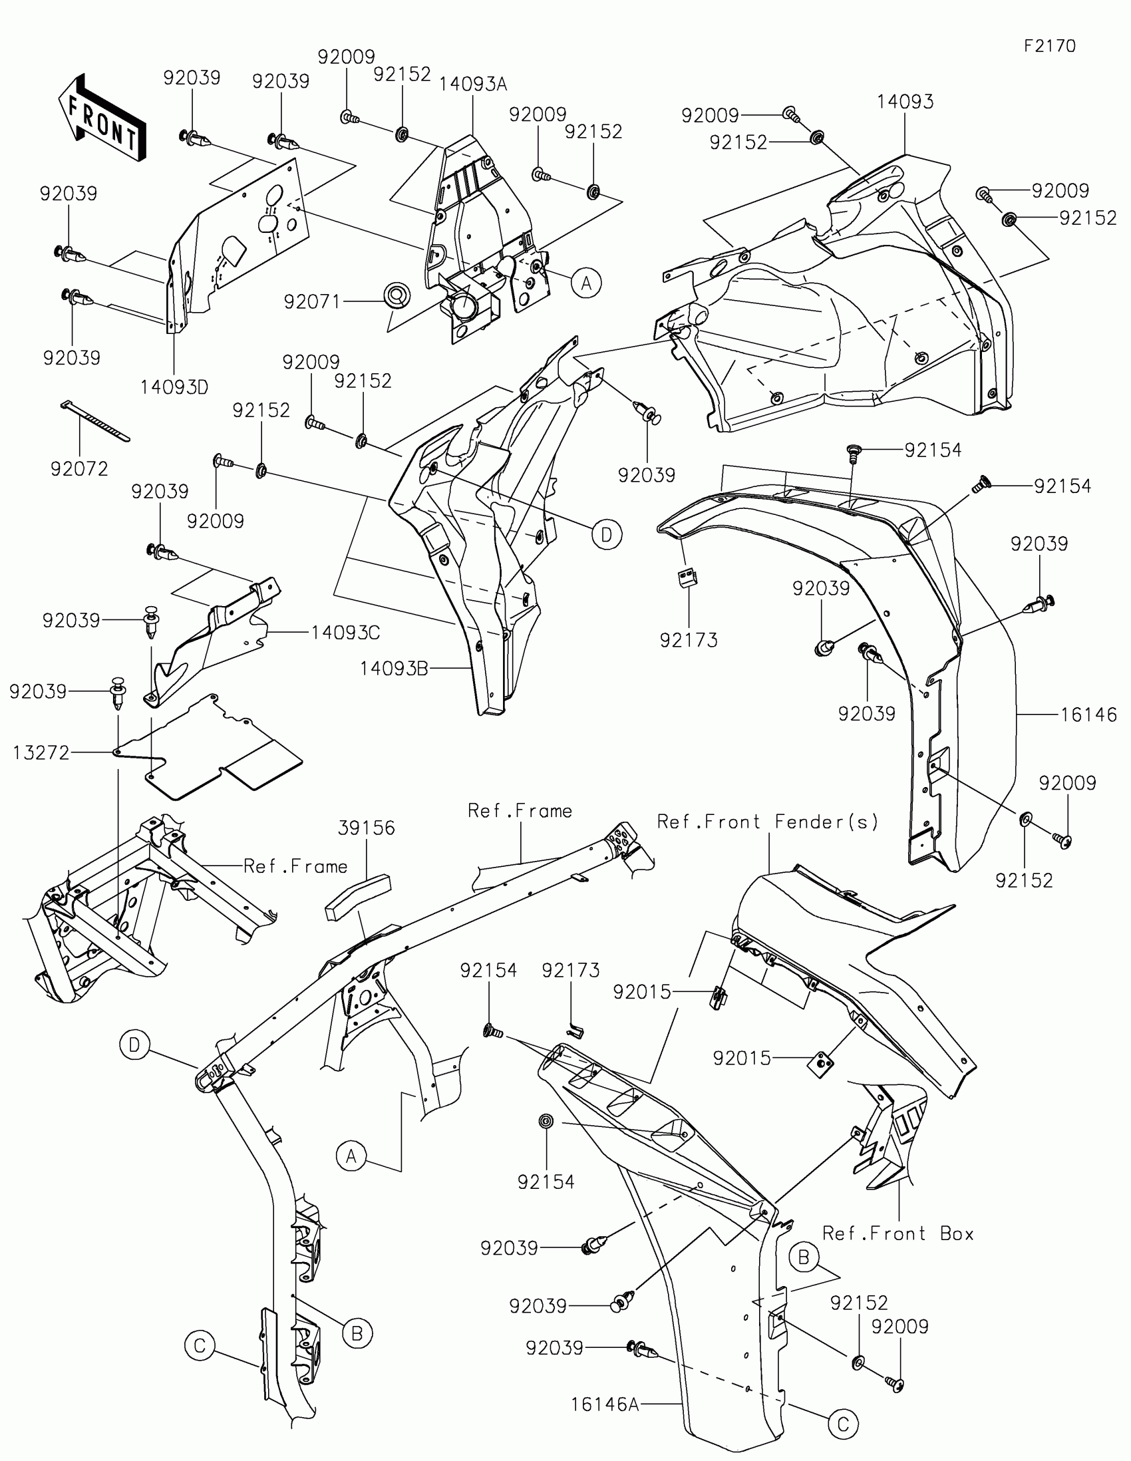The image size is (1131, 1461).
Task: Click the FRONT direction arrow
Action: pos(102,119)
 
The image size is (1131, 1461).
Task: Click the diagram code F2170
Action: pos(1049,46)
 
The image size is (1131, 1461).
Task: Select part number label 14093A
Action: pos(473,84)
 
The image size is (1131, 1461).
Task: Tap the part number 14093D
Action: pos(174,387)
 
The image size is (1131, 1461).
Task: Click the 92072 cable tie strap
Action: pos(95,420)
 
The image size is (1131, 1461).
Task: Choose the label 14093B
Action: pos(393,667)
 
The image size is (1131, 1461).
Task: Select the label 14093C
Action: pos(345,632)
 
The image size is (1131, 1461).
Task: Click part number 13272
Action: pos(41,752)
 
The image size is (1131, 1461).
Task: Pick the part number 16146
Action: pos(1088,715)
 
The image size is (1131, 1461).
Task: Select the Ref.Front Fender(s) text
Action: pos(767,822)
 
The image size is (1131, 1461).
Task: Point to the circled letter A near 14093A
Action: pos(586,283)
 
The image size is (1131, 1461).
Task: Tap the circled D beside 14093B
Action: pos(607,534)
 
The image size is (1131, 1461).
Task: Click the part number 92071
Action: pos(312,301)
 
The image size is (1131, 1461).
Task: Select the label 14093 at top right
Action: pos(904,102)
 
